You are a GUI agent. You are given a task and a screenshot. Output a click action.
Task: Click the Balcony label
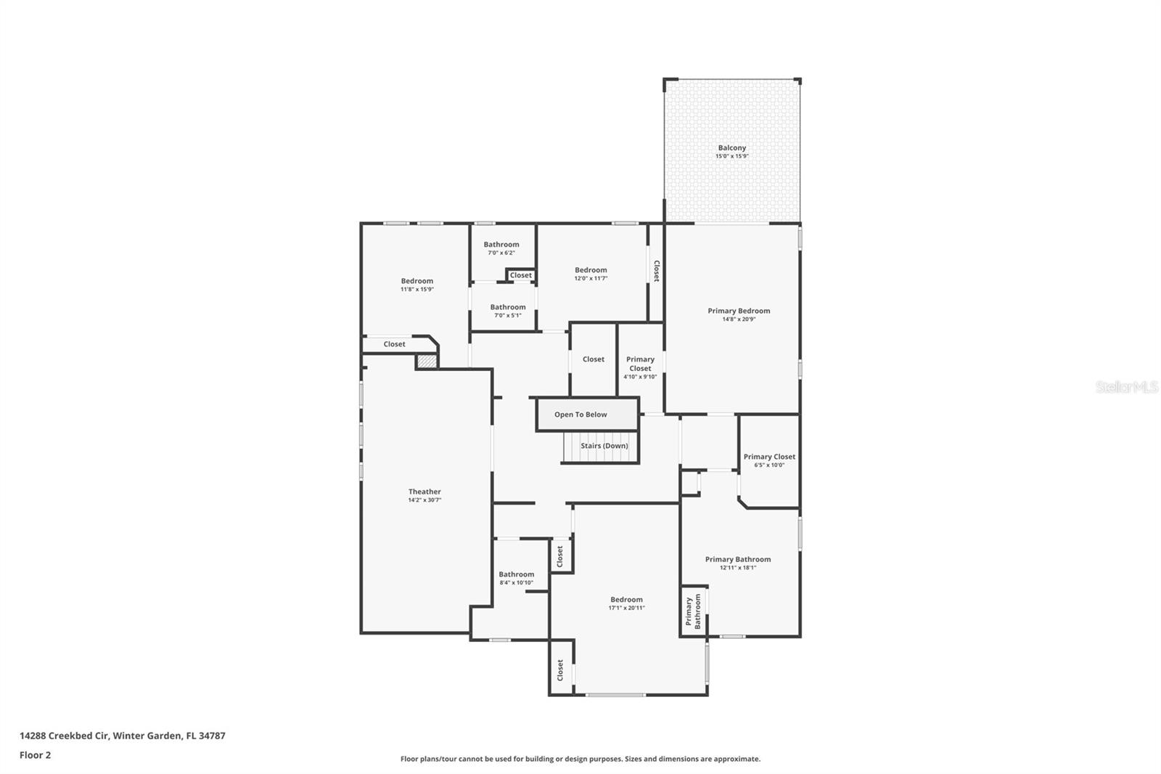(x=731, y=148)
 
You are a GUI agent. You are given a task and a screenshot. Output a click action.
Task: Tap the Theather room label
(x=424, y=492)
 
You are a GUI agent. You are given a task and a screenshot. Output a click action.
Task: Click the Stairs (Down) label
(x=604, y=446)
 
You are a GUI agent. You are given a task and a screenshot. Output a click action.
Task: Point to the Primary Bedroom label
(x=739, y=311)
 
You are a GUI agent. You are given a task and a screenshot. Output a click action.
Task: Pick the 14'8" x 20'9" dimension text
(x=739, y=319)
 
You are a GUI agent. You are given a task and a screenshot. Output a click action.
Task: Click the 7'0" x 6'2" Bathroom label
(x=501, y=245)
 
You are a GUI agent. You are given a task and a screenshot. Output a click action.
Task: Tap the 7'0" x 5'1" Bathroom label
(x=507, y=307)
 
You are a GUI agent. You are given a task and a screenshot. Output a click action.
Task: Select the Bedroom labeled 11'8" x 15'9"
(x=417, y=281)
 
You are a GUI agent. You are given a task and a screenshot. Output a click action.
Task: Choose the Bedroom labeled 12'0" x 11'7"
(x=591, y=270)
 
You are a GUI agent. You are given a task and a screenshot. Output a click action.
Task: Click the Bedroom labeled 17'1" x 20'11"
(x=626, y=600)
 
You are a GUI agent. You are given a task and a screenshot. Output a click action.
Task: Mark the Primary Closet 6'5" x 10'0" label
(x=769, y=457)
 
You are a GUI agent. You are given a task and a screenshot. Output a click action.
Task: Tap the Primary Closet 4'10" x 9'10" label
(x=640, y=364)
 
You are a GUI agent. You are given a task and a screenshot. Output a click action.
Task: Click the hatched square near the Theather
(x=427, y=361)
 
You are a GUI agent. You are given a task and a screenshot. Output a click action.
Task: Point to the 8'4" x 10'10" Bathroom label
(x=516, y=574)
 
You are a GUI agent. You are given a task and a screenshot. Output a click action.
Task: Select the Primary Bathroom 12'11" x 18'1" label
(x=738, y=559)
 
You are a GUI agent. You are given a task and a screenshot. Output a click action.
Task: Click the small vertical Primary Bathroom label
(x=694, y=611)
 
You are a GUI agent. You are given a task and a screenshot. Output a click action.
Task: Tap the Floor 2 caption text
(x=35, y=755)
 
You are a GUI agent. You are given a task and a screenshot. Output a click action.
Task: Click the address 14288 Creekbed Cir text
(x=122, y=736)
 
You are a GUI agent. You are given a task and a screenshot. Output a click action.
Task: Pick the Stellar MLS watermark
(x=1126, y=388)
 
